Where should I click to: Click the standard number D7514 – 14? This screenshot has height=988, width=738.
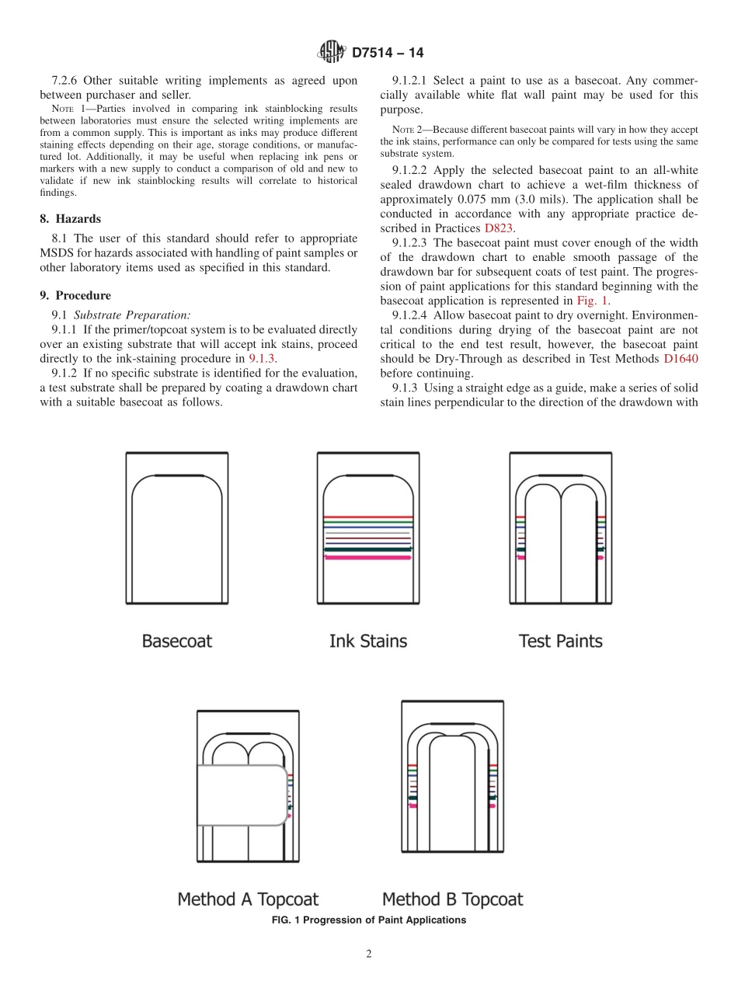(x=388, y=54)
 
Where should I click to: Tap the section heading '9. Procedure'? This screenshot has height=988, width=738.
(x=75, y=295)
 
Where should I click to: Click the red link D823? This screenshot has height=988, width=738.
(x=499, y=228)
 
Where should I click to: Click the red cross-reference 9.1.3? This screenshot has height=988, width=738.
(x=262, y=358)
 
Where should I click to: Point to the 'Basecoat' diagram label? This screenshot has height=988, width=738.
(x=176, y=641)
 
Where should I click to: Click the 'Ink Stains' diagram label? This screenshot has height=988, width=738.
(x=367, y=641)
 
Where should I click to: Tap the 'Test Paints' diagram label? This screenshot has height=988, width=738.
(x=560, y=641)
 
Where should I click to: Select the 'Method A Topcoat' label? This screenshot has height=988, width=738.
(x=248, y=899)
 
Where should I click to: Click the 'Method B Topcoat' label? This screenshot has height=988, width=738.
(x=452, y=899)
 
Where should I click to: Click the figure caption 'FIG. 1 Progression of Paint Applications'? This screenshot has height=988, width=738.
(x=369, y=920)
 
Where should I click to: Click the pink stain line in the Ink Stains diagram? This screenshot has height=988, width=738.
(x=367, y=558)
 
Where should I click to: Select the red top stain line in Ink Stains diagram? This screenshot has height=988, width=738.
(x=367, y=517)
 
